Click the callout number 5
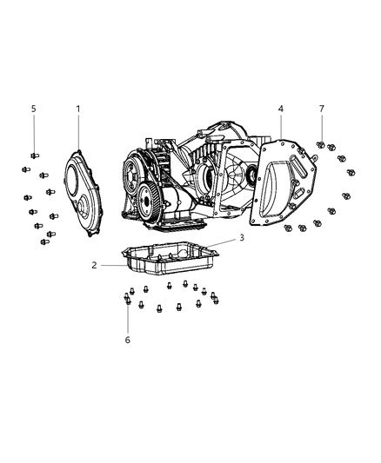(34, 109)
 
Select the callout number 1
(77, 109)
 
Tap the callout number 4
(281, 109)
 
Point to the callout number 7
(321, 109)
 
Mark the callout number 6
(127, 340)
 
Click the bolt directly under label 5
(34, 155)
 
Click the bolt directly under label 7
(321, 143)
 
